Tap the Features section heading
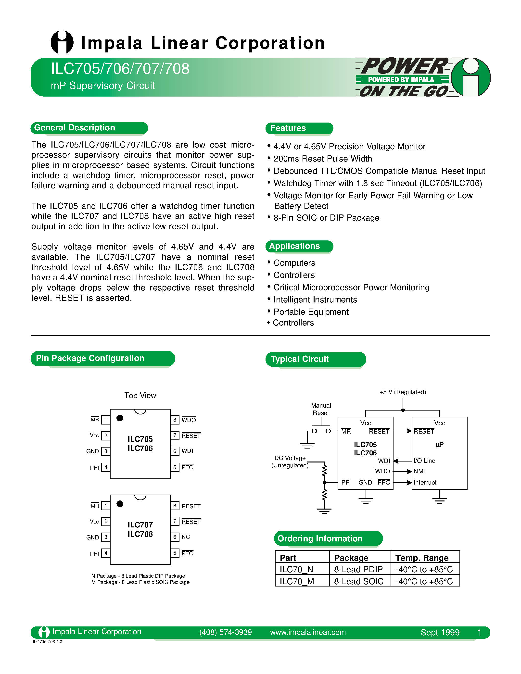pos(288,128)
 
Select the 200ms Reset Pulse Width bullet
pos(323,159)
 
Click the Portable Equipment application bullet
pos(311,312)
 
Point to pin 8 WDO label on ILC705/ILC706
pos(189,420)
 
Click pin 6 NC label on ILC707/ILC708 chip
pos(186,537)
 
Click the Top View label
pos(140,395)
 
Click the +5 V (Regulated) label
pos(403,392)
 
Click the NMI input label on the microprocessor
pos(419,471)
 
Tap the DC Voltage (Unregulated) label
pos(290,462)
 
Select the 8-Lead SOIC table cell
pos(359,581)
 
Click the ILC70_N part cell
pos(296,569)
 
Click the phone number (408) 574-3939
pos(225,632)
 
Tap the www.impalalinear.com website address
pos(308,632)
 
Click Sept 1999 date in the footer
pos(440,633)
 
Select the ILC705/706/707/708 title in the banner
pos(120,69)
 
